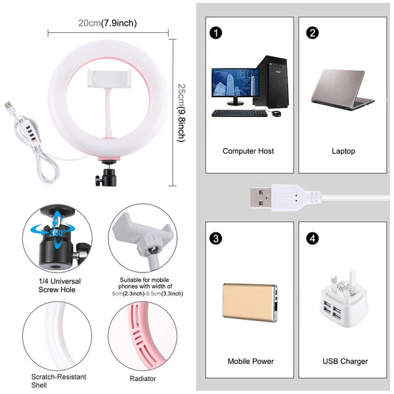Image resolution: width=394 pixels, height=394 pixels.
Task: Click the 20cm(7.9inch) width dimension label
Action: point(108,23)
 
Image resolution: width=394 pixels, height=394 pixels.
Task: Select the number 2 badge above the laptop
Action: point(313,33)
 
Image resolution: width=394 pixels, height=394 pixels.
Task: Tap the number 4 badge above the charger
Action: point(313,237)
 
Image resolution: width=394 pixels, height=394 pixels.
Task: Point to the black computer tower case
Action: point(271,82)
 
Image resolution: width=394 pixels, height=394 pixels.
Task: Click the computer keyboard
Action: point(239,113)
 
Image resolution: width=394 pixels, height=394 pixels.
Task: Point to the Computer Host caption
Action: point(248,151)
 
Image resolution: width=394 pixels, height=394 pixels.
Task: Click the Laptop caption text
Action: point(343,151)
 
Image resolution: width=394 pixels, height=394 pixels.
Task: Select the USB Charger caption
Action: point(345,361)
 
